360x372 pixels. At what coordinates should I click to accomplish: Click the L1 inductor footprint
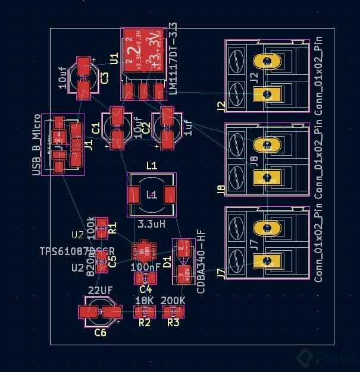151,194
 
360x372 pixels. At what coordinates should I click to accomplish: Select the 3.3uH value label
151,225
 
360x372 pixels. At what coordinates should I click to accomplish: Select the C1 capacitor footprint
117,127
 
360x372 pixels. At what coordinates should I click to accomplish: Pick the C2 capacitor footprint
167,127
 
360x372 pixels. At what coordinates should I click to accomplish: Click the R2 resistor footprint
144,311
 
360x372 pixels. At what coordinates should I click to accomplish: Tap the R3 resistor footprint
173,311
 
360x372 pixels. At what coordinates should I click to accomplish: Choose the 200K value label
173,301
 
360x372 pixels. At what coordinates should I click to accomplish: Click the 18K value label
144,301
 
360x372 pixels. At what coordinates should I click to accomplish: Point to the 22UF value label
100,290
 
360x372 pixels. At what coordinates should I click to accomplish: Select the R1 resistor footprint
102,226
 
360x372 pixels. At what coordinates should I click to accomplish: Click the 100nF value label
145,267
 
